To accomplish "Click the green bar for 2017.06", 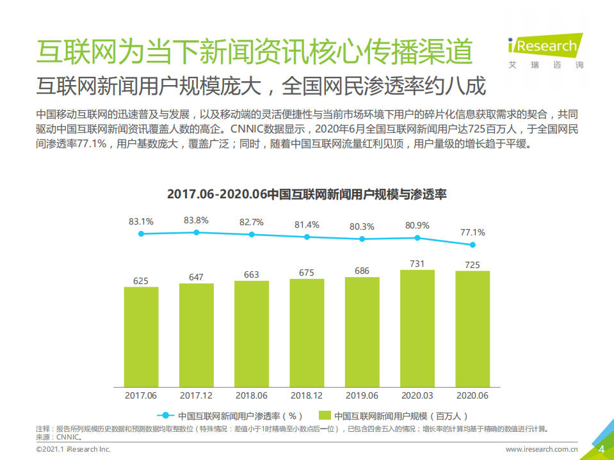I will point(141,337).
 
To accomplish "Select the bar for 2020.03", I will point(417,328).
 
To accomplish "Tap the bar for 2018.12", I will point(307,333).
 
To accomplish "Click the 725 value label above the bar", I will point(473,264).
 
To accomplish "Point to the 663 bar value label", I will point(252,274).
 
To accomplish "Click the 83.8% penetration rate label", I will point(196,220).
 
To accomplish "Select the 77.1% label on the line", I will point(473,232).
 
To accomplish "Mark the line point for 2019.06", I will point(362,239).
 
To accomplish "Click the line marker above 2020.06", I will point(473,244).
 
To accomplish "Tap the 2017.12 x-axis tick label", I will point(196,396).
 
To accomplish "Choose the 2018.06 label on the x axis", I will point(252,396).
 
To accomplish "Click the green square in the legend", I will point(324,415).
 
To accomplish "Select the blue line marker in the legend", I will point(165,415).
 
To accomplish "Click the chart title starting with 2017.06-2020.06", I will point(307,194).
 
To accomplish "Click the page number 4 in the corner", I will point(601,449).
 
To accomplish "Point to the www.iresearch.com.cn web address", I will point(542,450).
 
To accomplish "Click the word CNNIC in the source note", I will point(68,438).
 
